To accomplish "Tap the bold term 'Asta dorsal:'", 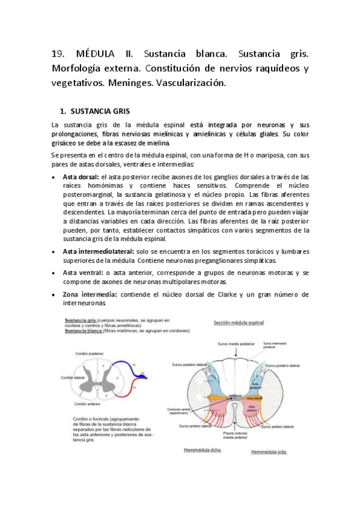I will pyautogui.click(x=81, y=177).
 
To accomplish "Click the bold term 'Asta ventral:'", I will pyautogui.click(x=82, y=272).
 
